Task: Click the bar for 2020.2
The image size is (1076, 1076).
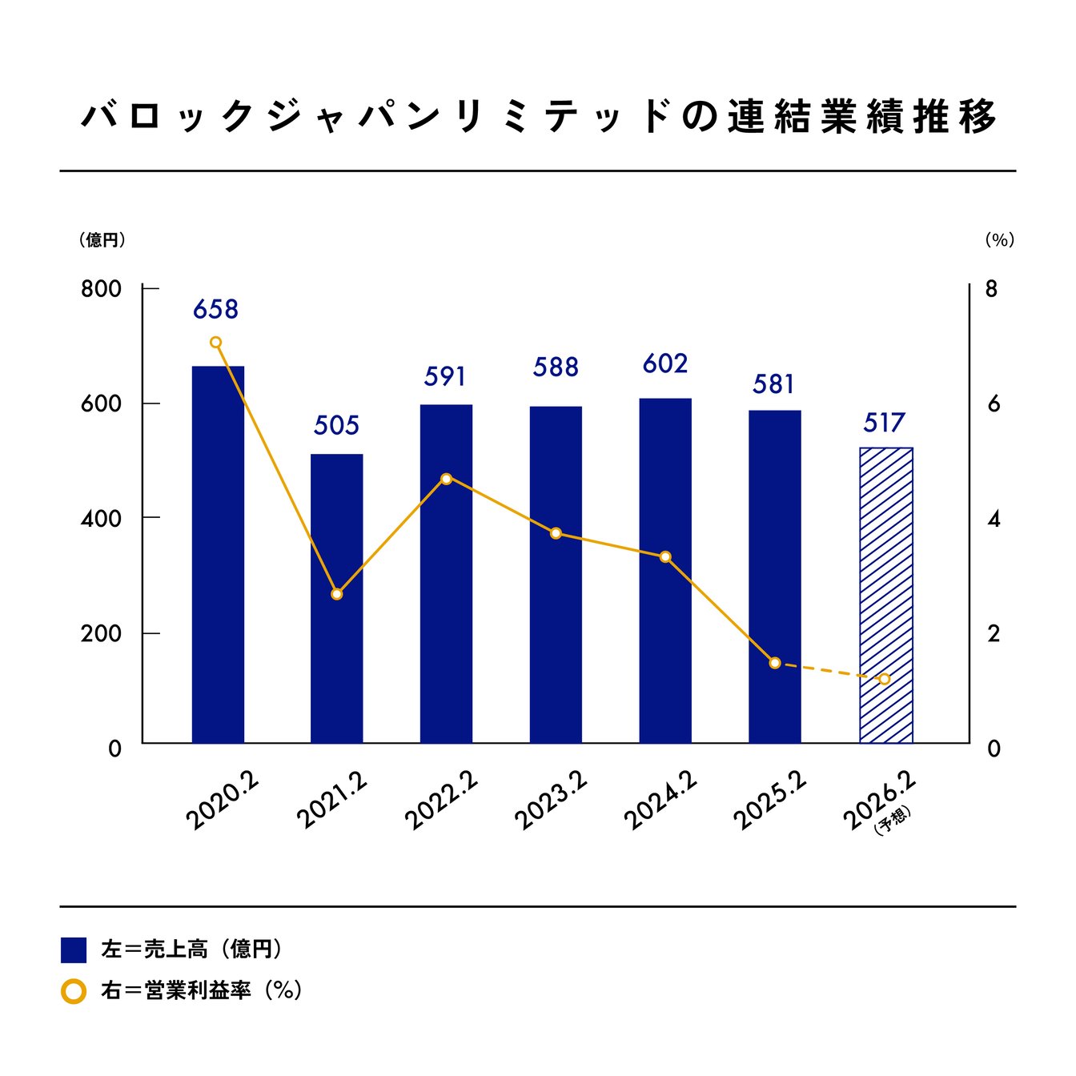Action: pyautogui.click(x=218, y=554)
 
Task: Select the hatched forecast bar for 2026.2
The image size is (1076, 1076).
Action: pyautogui.click(x=885, y=595)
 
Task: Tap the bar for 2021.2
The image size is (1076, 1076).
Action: pyautogui.click(x=336, y=598)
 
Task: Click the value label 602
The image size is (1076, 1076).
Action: pyautogui.click(x=664, y=364)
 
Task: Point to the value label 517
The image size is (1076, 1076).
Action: pyautogui.click(x=884, y=423)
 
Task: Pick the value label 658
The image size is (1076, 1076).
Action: pyautogui.click(x=215, y=309)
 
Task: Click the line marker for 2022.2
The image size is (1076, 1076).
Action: pyautogui.click(x=447, y=479)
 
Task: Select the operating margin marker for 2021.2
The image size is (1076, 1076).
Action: pyautogui.click(x=336, y=594)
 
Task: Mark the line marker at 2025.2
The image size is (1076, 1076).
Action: pyautogui.click(x=774, y=663)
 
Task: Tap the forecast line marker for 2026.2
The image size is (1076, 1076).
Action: pyautogui.click(x=885, y=679)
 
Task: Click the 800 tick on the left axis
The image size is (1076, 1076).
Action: pyautogui.click(x=101, y=289)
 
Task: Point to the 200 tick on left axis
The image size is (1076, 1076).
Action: pyautogui.click(x=101, y=633)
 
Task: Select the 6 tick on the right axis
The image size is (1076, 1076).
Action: pyautogui.click(x=994, y=404)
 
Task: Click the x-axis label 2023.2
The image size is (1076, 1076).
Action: pyautogui.click(x=551, y=801)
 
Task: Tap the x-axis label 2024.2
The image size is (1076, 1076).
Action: pyautogui.click(x=660, y=801)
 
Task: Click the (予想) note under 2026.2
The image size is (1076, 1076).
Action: pyautogui.click(x=893, y=822)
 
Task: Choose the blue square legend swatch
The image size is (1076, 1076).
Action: pyautogui.click(x=74, y=950)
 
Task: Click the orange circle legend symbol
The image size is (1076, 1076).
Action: pyautogui.click(x=74, y=991)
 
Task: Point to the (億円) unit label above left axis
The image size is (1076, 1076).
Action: pyautogui.click(x=102, y=240)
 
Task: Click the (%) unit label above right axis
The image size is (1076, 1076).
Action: pyautogui.click(x=999, y=240)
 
